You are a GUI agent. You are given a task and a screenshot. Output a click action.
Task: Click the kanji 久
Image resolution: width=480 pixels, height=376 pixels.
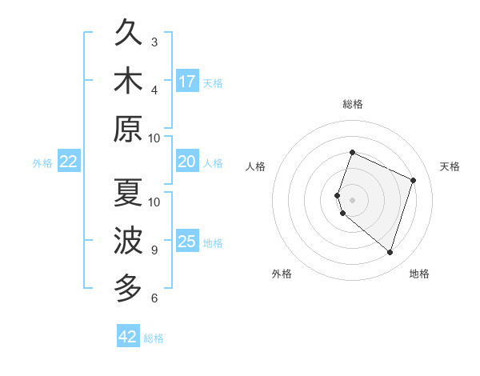point(127,33)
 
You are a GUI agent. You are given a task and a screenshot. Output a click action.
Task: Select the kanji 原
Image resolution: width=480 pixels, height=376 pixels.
point(127,129)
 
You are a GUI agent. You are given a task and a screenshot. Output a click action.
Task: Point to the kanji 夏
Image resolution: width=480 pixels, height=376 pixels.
point(127,193)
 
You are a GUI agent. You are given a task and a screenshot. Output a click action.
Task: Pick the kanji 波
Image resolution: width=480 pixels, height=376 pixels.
point(127,241)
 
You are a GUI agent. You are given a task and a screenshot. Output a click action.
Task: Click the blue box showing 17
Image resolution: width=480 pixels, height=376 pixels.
point(187,81)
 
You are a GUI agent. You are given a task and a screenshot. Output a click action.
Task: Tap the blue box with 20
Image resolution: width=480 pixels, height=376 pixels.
point(187,162)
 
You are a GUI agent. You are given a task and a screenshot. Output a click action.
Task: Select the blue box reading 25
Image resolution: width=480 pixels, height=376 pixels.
point(187,242)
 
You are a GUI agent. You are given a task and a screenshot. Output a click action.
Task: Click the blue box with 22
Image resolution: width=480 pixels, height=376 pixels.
point(68,162)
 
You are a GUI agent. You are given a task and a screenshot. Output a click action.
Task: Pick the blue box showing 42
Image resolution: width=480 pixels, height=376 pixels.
point(128,337)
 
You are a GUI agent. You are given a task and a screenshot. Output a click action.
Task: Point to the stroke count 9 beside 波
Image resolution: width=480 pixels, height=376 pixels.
point(154,250)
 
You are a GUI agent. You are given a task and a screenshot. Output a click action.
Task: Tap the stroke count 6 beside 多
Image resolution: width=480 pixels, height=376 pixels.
point(154,298)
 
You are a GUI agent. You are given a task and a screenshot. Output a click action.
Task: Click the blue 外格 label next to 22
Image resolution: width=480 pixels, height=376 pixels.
point(42,163)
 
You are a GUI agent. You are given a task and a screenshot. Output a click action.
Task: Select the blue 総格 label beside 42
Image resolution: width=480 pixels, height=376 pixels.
point(154,338)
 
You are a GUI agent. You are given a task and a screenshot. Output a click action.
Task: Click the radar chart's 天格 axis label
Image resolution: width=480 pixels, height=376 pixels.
point(450,166)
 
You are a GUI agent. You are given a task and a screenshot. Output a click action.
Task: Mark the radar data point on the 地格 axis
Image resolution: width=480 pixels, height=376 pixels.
point(390,253)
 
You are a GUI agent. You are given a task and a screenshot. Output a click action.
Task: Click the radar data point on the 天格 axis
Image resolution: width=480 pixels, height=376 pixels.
point(413,180)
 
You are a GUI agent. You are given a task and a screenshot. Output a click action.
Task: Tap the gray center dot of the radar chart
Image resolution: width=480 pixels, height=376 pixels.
point(352,199)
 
